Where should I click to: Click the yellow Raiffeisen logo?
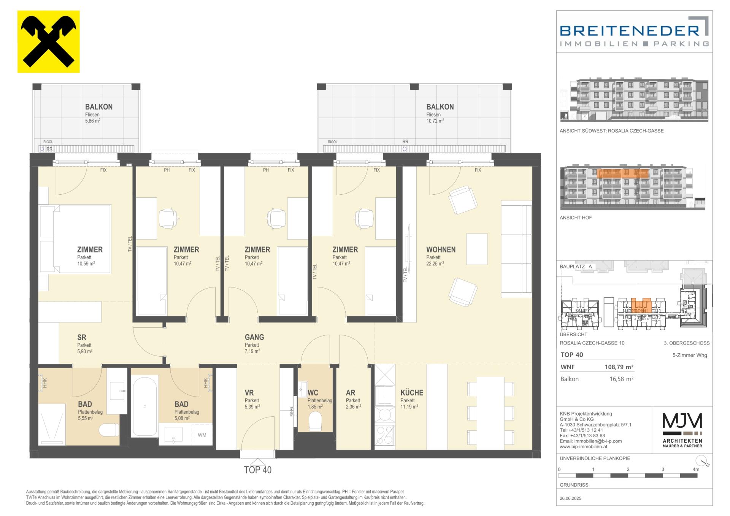(x=49, y=41)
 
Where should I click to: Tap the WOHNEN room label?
(x=441, y=250)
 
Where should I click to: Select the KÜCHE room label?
(x=412, y=393)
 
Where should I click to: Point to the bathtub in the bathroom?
(x=145, y=406)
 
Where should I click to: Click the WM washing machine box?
(x=202, y=435)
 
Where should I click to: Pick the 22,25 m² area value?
(x=435, y=264)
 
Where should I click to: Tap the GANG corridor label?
(x=254, y=337)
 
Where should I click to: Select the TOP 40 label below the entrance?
(x=258, y=470)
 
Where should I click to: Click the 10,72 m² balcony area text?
(x=435, y=121)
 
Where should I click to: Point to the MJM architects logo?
(x=682, y=430)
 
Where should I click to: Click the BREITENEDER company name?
(x=630, y=30)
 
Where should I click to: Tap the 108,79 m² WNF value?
(x=619, y=367)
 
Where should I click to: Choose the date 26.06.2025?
(x=571, y=498)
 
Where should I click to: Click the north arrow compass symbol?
(x=704, y=461)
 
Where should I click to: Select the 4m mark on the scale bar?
(x=696, y=470)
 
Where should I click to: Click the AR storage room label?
(x=350, y=393)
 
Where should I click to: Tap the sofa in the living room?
(x=516, y=249)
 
